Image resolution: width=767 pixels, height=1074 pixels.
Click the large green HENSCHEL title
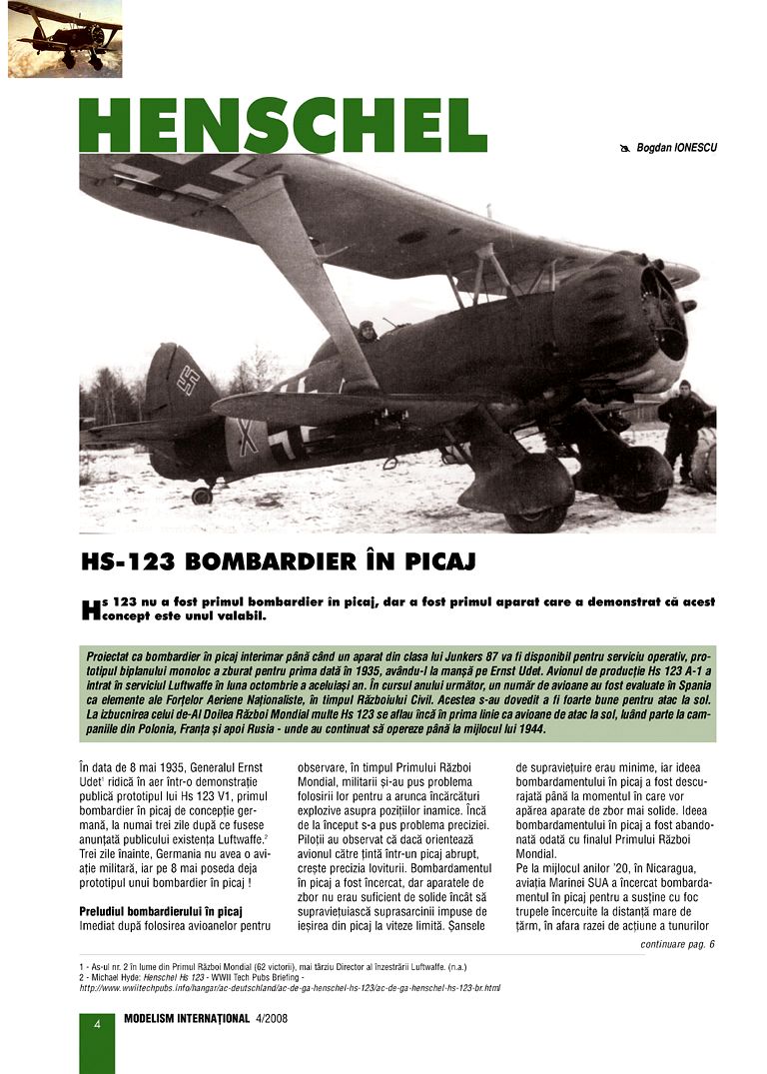283,125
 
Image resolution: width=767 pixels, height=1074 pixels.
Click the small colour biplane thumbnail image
65,39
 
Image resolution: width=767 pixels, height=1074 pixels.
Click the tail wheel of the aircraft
202,495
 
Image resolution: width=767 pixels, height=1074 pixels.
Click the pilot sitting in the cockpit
366,331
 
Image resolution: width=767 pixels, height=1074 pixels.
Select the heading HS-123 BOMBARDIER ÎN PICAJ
278,562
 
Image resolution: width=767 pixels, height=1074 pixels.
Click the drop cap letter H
90,609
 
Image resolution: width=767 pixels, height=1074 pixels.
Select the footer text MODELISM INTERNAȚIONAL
186,1021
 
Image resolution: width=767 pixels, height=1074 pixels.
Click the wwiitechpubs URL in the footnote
290,988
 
